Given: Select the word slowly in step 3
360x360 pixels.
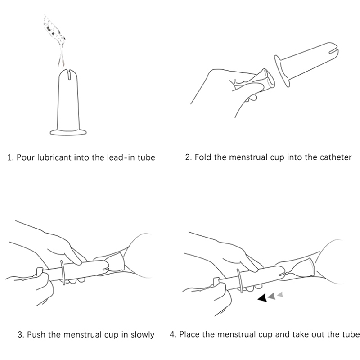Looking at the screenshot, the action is tap(142, 334).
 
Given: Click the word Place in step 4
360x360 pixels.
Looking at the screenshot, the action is tap(189, 334).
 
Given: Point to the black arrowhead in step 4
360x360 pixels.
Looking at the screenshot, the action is tap(263, 297).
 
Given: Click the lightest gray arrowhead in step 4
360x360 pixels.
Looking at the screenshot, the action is tap(280, 294).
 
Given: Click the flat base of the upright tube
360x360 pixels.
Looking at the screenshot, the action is tap(68, 132).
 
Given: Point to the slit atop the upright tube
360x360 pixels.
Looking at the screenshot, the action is tap(69, 74).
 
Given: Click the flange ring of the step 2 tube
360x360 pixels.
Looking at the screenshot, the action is tap(282, 71).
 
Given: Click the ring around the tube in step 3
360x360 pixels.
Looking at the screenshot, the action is tap(63, 273).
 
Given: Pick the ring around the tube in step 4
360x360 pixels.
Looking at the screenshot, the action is tap(240, 281).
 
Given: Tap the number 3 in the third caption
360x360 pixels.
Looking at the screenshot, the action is tap(20, 334).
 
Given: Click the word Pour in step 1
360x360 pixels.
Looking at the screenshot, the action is tap(26, 157).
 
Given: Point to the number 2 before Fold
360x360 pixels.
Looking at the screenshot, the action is tap(188, 157).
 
